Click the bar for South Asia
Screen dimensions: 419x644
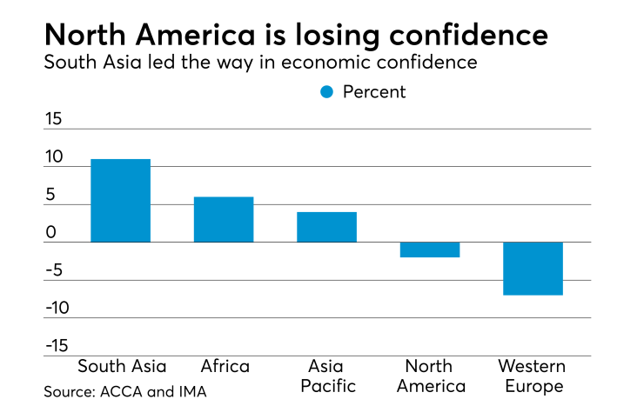click(x=120, y=201)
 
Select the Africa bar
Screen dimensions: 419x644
click(x=224, y=219)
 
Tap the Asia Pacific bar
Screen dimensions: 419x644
click(x=326, y=227)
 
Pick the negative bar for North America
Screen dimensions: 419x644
click(x=430, y=250)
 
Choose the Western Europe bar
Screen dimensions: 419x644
click(x=533, y=269)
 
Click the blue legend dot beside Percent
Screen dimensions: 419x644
click(x=327, y=92)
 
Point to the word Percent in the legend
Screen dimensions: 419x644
click(x=374, y=92)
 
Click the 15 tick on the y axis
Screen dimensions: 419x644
click(x=54, y=119)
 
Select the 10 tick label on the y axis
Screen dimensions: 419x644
click(x=54, y=157)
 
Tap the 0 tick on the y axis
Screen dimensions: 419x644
click(x=51, y=233)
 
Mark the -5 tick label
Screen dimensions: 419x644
click(x=54, y=270)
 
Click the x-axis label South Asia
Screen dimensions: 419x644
click(x=121, y=366)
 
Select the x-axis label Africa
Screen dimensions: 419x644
click(x=225, y=366)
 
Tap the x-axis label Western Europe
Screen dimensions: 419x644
click(x=531, y=376)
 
